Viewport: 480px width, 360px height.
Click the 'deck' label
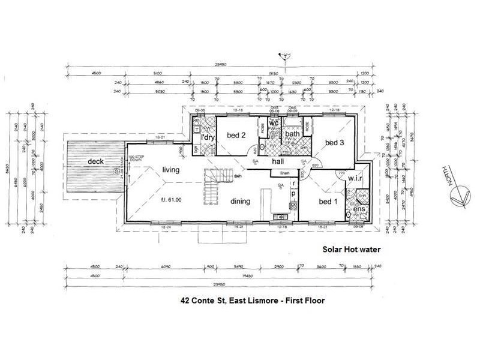(x=96, y=161)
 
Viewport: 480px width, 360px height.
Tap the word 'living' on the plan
(x=171, y=170)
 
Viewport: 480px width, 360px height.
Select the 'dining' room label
(x=240, y=202)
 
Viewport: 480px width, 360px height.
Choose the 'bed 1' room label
(x=328, y=201)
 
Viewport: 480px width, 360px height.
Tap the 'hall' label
(x=277, y=162)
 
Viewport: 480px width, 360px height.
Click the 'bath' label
(x=292, y=133)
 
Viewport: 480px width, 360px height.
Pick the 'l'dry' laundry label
(x=208, y=138)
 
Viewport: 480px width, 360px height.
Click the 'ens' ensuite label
(x=358, y=209)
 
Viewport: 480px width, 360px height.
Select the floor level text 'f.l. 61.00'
(x=172, y=199)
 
